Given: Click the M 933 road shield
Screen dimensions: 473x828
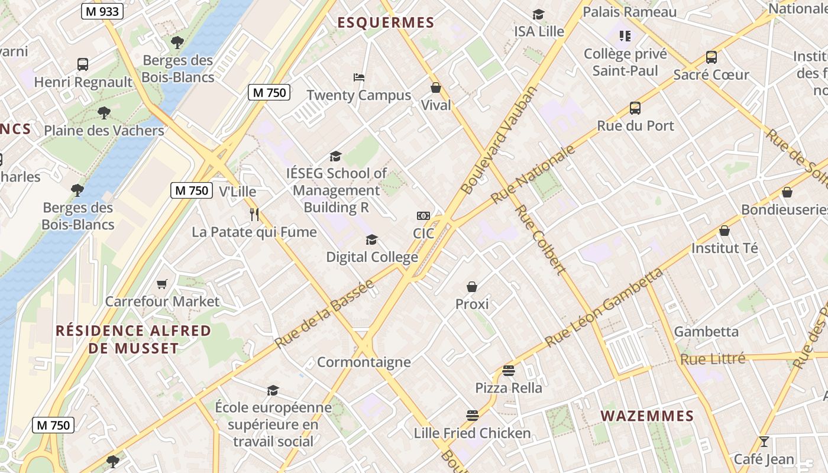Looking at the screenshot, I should click(102, 11).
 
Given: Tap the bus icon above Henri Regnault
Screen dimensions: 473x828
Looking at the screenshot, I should click(83, 64).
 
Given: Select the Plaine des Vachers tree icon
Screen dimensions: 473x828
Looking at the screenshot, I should click(104, 113).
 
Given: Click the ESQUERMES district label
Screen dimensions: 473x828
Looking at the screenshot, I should click(386, 23).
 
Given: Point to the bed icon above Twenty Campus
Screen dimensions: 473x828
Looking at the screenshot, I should click(358, 77).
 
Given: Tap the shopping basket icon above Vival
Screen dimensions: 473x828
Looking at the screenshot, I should click(436, 88).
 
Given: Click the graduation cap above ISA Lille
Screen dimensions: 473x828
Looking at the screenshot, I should click(538, 14).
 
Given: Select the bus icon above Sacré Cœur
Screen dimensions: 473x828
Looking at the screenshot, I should click(711, 57).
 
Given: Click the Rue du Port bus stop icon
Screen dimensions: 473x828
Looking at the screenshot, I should click(635, 108).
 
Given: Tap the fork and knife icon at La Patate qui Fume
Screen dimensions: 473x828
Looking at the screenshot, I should click(254, 214).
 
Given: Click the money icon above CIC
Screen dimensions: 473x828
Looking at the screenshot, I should click(423, 216).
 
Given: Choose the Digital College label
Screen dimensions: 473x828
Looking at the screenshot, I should click(372, 257).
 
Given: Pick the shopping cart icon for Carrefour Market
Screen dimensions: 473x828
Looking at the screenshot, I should click(162, 284).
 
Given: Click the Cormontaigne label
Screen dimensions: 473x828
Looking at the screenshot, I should click(364, 362).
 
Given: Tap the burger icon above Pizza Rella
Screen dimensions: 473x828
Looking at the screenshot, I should click(509, 371).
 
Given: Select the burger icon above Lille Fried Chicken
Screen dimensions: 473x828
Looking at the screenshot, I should click(472, 416).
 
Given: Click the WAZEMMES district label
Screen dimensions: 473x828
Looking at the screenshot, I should click(647, 416).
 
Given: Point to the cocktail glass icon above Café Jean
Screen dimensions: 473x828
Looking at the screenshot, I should click(764, 442).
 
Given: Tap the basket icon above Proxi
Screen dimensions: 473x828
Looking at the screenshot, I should click(472, 287).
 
